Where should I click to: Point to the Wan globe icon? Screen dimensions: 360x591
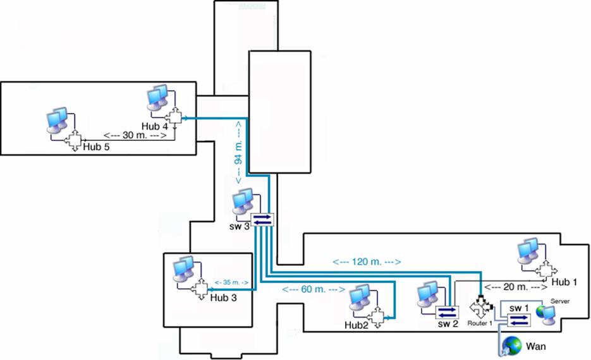click(x=512, y=345)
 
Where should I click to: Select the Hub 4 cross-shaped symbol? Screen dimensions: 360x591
click(x=173, y=117)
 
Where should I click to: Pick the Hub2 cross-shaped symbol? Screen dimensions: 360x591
click(x=377, y=316)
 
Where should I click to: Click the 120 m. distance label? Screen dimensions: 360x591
click(x=367, y=260)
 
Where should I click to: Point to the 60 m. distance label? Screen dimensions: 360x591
click(x=314, y=290)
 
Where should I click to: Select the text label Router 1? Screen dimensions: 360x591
click(x=479, y=323)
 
